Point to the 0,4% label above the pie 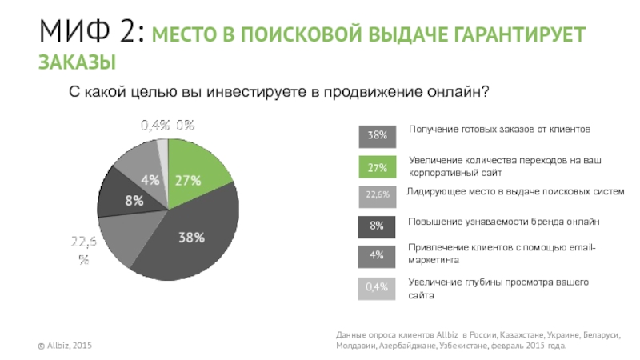pyautogui.click(x=155, y=124)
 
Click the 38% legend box pyautogui.click(x=377, y=137)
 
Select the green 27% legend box pyautogui.click(x=377, y=167)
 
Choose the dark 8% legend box pyautogui.click(x=377, y=226)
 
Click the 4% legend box pyautogui.click(x=377, y=256)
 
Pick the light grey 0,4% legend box pyautogui.click(x=377, y=286)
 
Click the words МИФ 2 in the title pyautogui.click(x=90, y=34)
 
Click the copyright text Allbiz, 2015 pyautogui.click(x=66, y=345)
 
